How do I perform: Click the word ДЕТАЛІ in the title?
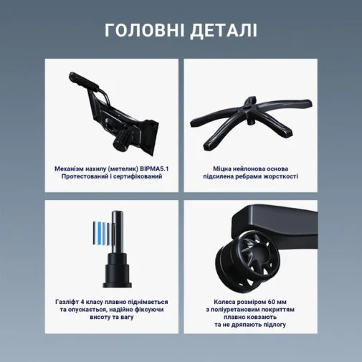coord(224,31)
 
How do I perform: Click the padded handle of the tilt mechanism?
coord(84,81)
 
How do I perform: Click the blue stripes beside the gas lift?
coord(103,233)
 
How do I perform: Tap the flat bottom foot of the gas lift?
coord(117,285)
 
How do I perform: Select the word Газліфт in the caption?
coord(67,302)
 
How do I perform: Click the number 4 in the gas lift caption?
coord(82,302)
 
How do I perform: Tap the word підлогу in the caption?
coord(274,325)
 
